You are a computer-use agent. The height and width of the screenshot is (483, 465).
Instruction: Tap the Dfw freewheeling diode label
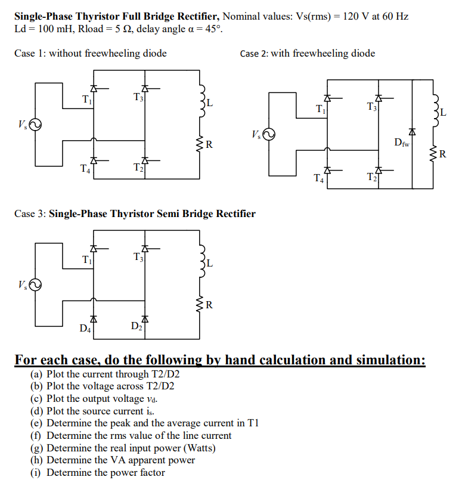pos(402,142)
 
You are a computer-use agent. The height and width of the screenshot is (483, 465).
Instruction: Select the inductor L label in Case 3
pos(210,263)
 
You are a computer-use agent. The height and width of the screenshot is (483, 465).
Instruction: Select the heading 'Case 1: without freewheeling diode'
pos(91,54)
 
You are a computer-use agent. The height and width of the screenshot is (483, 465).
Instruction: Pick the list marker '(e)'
pos(37,423)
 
